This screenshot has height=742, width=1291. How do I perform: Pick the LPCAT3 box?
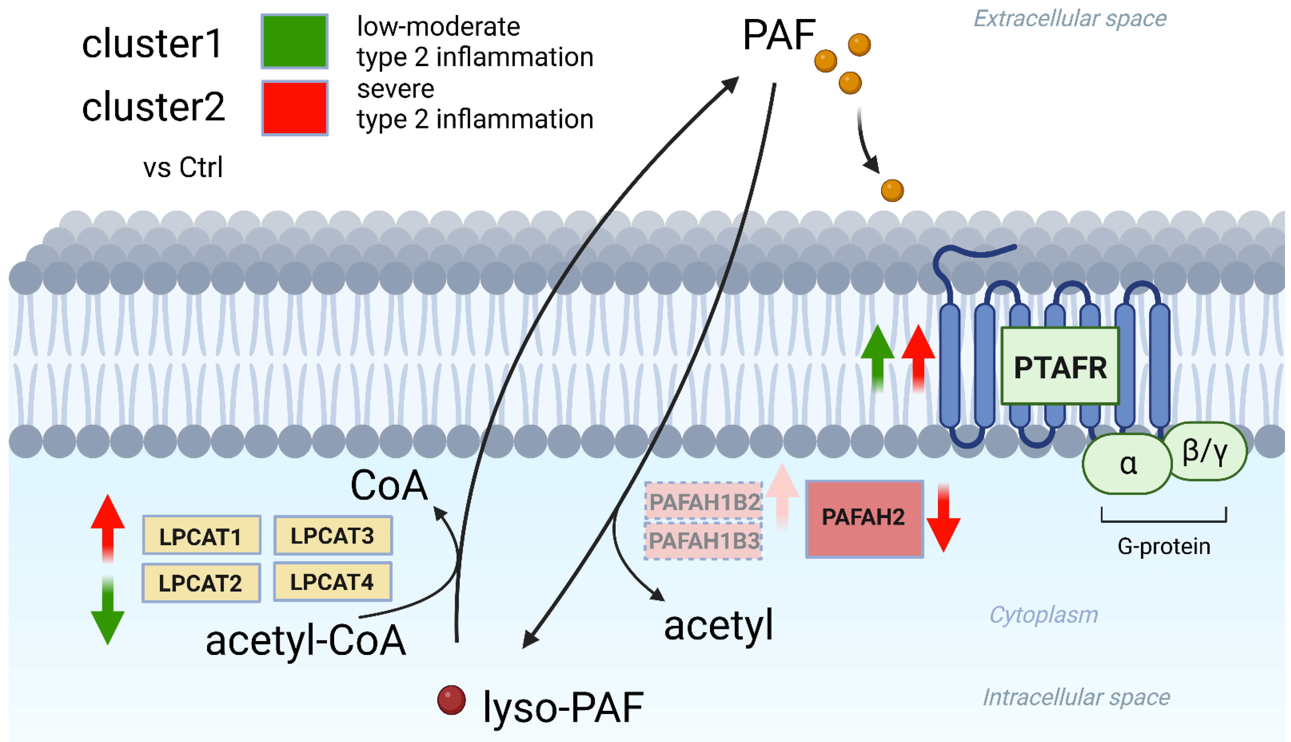333,535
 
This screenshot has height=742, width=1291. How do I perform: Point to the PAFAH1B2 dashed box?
704,501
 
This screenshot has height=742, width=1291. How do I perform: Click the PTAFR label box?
1060,366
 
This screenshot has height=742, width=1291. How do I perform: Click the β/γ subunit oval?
1206,451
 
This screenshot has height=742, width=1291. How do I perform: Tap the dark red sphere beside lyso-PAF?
451,700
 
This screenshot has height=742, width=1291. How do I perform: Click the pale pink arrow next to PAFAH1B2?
782,497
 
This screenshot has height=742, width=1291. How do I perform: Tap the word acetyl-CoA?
306,640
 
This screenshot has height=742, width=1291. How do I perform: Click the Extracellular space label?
1070,19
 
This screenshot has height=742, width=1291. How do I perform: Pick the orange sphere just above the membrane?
892,190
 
